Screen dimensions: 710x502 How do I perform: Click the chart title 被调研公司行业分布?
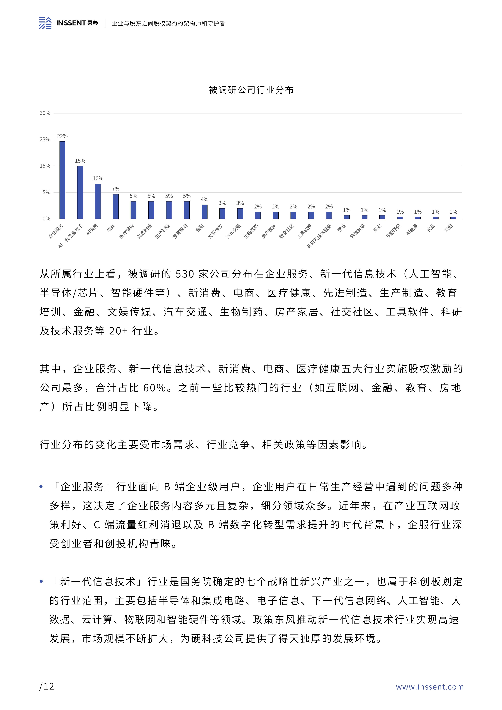point(251,90)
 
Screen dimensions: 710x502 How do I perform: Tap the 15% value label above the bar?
point(80,161)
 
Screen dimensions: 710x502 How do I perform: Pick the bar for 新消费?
point(98,201)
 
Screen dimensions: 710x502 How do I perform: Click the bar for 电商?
point(116,207)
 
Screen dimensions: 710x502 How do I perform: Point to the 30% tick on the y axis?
point(45,113)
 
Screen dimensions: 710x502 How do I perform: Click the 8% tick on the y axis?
point(46,192)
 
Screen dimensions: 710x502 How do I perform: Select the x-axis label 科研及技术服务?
point(319,236)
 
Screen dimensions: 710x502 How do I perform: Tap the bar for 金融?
point(204,212)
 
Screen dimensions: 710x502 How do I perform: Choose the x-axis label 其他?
point(448,228)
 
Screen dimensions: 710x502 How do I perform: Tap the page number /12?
point(47,686)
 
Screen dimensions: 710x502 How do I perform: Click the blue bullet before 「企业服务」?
point(41,487)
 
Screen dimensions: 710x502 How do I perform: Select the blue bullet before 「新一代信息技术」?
point(41,582)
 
